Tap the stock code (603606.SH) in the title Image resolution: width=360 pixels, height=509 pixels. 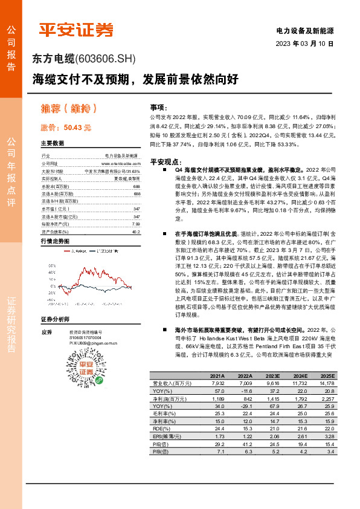coord(106,59)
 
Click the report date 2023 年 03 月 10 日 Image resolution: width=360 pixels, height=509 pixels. coord(313,44)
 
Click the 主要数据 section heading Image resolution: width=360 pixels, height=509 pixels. coord(53,144)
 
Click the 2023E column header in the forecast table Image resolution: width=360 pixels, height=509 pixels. coord(272,375)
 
